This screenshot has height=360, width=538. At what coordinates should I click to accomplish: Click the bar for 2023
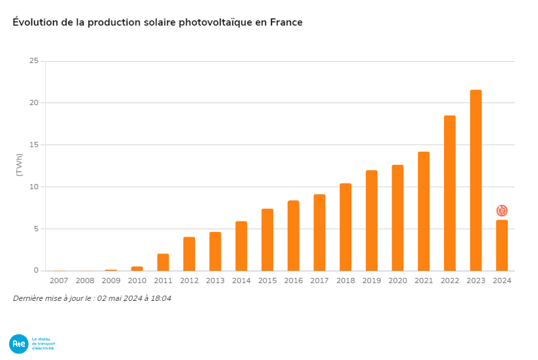coord(476,181)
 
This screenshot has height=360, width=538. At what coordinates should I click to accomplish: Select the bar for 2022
coord(449,193)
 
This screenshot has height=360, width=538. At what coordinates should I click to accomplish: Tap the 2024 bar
coord(502,245)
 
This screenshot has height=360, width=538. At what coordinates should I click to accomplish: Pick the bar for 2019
coord(372,221)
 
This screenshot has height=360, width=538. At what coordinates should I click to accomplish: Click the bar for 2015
coord(267,240)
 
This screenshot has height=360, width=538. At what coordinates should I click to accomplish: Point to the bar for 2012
coord(189,254)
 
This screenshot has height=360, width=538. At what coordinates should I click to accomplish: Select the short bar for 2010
coord(137,268)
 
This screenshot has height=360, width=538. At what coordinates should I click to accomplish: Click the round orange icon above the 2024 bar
coord(502,211)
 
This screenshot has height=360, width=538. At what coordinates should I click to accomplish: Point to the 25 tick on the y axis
coord(34,61)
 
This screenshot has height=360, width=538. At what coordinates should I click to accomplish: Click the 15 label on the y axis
coord(34,145)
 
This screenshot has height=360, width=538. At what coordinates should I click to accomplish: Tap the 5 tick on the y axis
coord(36,229)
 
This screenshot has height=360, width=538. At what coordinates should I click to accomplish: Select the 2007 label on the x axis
coord(58,281)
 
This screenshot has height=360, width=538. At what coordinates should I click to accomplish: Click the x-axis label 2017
coord(319,281)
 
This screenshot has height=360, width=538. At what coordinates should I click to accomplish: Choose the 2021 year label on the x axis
coord(424,281)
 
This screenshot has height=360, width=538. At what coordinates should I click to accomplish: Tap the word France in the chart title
coord(286,22)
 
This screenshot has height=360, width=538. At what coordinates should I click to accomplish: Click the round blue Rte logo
coord(18,344)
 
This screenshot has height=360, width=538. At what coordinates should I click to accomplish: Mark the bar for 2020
coord(397,218)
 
